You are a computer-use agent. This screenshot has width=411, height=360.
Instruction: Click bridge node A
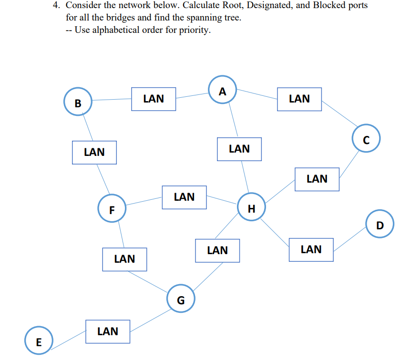coord(223,90)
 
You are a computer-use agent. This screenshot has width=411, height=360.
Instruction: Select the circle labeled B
coord(78,102)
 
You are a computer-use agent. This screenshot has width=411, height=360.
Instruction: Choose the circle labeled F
coord(112,209)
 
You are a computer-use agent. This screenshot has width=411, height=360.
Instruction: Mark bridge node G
coord(181,298)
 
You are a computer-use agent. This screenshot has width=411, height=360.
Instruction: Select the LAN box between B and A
coord(154,99)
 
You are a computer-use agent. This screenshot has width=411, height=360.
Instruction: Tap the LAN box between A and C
coord(299,99)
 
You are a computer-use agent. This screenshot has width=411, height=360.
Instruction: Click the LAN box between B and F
coord(94,153)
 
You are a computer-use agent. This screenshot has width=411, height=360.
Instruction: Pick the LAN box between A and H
coord(239,149)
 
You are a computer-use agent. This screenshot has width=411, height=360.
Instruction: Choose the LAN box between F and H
coord(184,197)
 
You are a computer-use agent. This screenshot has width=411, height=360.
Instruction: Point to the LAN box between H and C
coord(317,179)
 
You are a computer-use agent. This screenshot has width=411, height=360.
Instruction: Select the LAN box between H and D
coord(311,249)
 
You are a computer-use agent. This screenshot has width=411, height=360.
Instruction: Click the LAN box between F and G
coord(125,259)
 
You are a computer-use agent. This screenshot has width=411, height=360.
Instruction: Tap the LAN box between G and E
coord(108,331)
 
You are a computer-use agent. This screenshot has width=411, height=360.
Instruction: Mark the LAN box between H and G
coord(217,250)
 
